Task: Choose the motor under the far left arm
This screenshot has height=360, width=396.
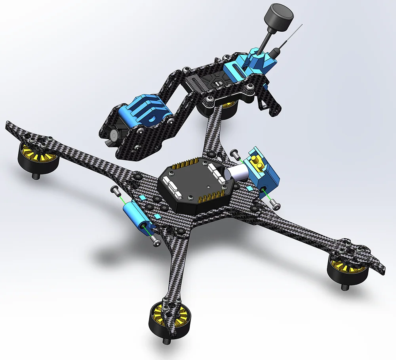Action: pyautogui.click(x=38, y=159)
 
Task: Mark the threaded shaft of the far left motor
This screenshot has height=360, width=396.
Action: pyautogui.click(x=36, y=174)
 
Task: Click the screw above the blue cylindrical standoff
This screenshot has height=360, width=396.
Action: pyautogui.click(x=114, y=190)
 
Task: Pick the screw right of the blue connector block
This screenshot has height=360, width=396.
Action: pyautogui.click(x=276, y=205)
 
